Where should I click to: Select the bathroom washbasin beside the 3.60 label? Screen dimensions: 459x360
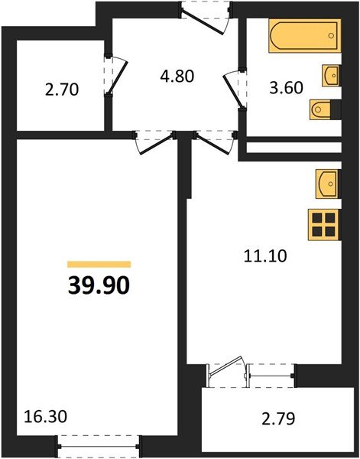(332, 75)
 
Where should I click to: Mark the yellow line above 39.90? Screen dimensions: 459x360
(99, 264)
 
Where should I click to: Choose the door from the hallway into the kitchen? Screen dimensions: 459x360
(213, 141)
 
